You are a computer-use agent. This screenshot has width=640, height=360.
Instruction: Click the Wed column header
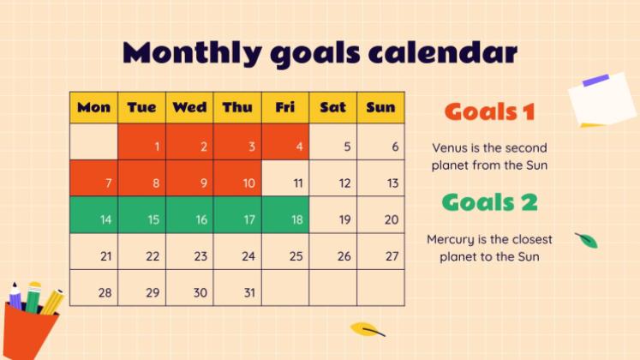[189, 107]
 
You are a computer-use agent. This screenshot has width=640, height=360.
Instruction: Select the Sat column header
[333, 107]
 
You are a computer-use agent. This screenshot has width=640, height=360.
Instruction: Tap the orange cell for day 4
[285, 141]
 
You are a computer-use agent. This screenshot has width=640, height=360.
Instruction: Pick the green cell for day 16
[189, 214]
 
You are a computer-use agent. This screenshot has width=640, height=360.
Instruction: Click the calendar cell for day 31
[237, 288]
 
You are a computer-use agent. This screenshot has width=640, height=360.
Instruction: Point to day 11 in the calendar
[285, 178]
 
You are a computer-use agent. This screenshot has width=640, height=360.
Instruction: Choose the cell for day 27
[380, 251]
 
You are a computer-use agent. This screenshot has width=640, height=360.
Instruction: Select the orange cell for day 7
[94, 178]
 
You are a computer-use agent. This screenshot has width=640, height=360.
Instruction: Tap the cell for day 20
[380, 214]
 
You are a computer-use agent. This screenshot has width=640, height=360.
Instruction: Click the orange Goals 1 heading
[490, 111]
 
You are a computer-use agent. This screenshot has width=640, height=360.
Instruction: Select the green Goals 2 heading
[490, 202]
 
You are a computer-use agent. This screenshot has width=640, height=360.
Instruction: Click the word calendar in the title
[443, 52]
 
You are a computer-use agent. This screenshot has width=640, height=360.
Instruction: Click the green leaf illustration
[587, 240]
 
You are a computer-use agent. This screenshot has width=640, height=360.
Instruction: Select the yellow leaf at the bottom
[367, 329]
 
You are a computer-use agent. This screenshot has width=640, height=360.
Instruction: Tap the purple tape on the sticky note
[596, 80]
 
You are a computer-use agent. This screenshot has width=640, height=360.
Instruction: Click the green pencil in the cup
[33, 297]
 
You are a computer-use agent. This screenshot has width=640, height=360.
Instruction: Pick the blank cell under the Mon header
[94, 141]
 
